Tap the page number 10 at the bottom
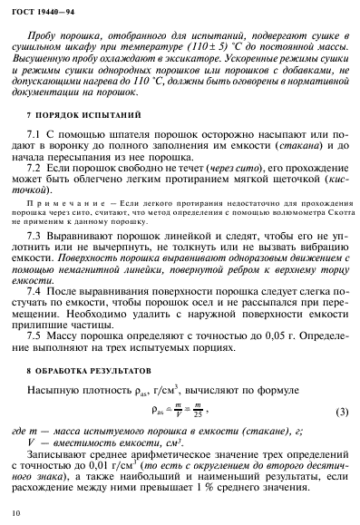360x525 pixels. tap(14, 513)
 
